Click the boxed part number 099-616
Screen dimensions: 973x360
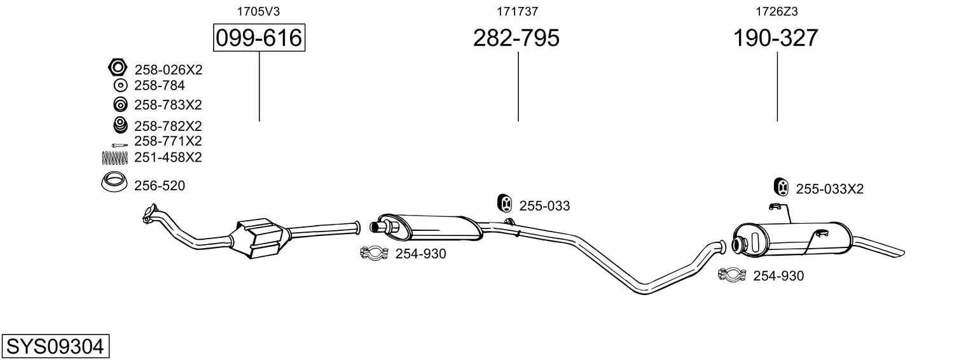pyautogui.click(x=259, y=38)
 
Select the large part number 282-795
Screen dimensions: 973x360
pyautogui.click(x=516, y=38)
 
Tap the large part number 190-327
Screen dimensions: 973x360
pyautogui.click(x=776, y=38)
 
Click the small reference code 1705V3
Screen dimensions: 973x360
pyautogui.click(x=258, y=11)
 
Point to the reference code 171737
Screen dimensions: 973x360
pyautogui.click(x=517, y=11)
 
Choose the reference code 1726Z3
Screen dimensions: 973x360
pyautogui.click(x=776, y=11)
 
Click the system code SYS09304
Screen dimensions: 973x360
pyautogui.click(x=55, y=347)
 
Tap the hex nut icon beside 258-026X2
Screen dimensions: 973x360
pyautogui.click(x=117, y=67)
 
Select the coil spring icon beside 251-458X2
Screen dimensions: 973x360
pyautogui.click(x=114, y=158)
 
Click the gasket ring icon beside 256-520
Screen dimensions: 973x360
pyautogui.click(x=114, y=183)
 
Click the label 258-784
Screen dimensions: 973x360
pyautogui.click(x=160, y=86)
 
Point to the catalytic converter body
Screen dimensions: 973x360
pyautogui.click(x=259, y=238)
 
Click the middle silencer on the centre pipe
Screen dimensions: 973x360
pyautogui.click(x=430, y=226)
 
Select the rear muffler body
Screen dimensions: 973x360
pyautogui.click(x=791, y=239)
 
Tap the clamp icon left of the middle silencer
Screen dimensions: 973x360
pyautogui.click(x=374, y=253)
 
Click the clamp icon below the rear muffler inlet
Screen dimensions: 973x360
pyautogui.click(x=732, y=274)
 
